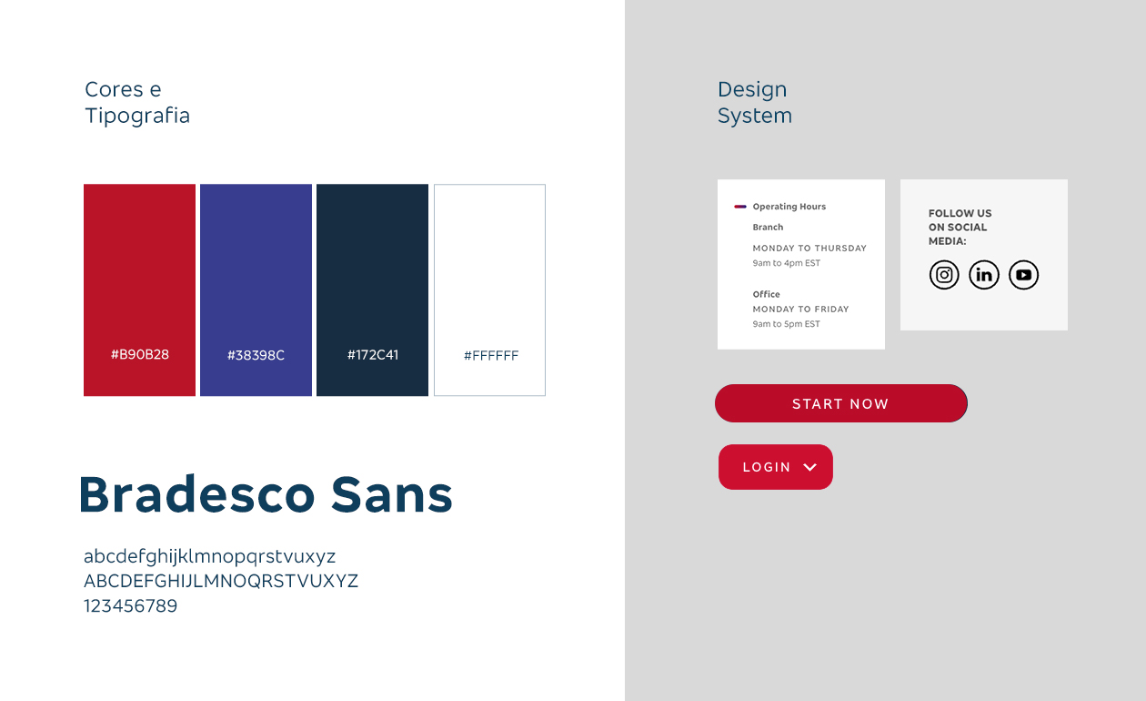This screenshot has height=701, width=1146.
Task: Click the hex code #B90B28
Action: click(x=140, y=354)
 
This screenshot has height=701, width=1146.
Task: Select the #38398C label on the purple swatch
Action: click(x=256, y=355)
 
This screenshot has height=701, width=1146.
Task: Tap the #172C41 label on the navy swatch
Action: click(x=373, y=355)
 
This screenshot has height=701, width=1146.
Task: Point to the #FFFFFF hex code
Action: click(x=490, y=355)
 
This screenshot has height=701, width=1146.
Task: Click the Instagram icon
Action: click(x=944, y=275)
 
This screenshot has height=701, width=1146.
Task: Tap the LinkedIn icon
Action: click(x=984, y=275)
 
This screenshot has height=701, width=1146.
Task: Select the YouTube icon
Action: click(x=1024, y=275)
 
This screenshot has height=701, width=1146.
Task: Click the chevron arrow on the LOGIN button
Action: click(x=809, y=467)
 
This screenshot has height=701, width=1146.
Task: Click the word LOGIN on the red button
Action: click(x=767, y=467)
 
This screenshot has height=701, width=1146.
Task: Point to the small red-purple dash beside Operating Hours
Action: click(x=739, y=207)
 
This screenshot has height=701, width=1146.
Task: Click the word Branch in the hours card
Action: click(x=768, y=227)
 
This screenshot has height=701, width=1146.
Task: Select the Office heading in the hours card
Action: click(x=766, y=294)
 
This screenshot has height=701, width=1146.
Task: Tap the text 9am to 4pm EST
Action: click(x=787, y=263)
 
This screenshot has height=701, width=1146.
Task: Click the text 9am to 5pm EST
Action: click(x=786, y=324)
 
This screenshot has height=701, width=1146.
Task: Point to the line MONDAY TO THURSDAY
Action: click(x=809, y=248)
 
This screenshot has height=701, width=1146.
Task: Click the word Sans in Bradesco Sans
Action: click(x=392, y=494)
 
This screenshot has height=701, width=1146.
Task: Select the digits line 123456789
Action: click(x=130, y=605)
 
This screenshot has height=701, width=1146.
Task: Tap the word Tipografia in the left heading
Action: click(x=137, y=116)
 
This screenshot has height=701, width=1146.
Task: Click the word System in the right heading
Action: click(x=755, y=116)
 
